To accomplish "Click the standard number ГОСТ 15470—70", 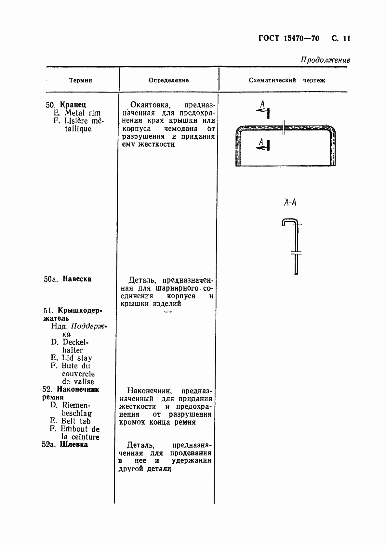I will [289, 39].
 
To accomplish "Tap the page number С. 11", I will [340, 39].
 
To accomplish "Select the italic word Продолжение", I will [325, 60].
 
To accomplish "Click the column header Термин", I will [81, 81].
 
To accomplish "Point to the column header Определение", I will [168, 80].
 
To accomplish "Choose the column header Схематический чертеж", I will [287, 80].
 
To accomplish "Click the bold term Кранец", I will [73, 105].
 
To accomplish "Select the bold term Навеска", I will [77, 279].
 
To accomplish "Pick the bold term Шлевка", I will [74, 444].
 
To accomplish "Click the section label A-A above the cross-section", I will [290, 203].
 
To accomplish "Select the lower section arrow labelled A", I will [263, 145].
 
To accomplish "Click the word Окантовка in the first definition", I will [149, 105].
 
